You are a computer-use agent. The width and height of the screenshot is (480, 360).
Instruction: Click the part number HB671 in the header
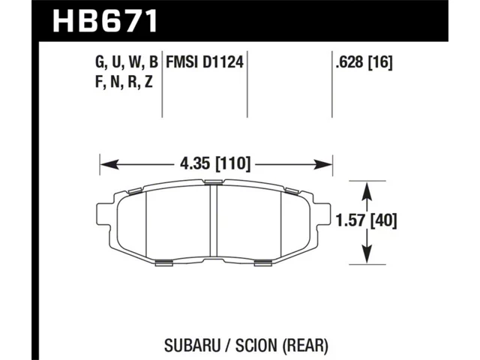pos(105,20)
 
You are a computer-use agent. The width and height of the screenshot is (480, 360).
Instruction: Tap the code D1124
pos(223,62)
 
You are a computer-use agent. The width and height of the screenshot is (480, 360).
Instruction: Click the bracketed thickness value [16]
pos(380,63)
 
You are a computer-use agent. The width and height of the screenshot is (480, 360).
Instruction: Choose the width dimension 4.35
pos(196,163)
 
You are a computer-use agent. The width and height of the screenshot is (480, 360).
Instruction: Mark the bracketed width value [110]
pos(233,163)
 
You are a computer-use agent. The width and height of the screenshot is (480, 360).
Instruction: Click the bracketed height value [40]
pos(383,220)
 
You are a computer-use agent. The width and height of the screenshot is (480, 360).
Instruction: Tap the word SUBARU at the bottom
pos(192,346)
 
